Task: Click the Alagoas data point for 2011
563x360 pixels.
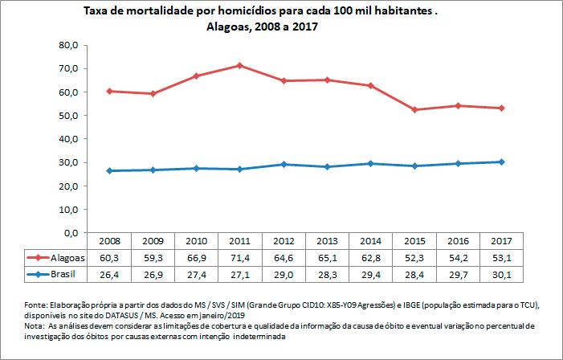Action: [x=239, y=65]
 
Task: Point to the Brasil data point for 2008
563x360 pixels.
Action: [x=109, y=170]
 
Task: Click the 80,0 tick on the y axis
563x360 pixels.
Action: [x=68, y=45]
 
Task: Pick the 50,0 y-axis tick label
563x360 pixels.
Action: [x=68, y=116]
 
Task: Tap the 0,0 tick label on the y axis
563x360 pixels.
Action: [x=71, y=233]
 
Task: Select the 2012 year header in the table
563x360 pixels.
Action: [x=283, y=241]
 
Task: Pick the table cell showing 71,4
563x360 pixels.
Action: [x=239, y=258]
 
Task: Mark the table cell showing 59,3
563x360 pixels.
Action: [x=153, y=258]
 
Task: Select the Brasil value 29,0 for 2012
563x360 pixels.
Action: [x=283, y=274]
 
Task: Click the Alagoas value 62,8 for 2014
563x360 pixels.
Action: [x=369, y=258]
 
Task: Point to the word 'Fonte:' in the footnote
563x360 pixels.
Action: [x=38, y=305]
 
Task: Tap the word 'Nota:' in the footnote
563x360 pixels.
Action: [x=36, y=327]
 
